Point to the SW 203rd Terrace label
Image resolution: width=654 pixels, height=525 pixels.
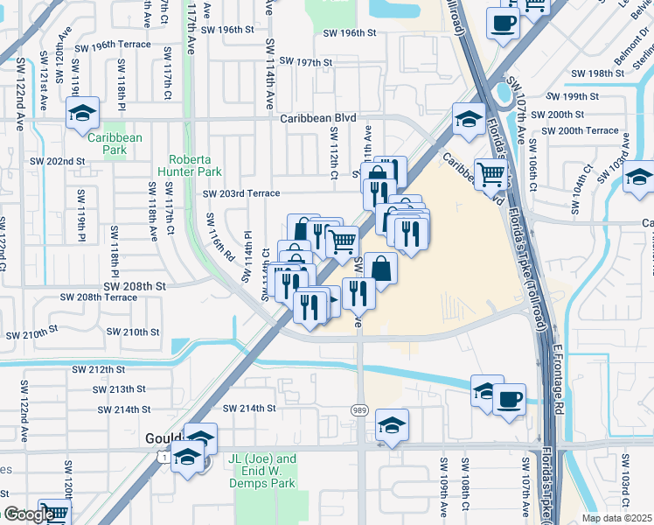(241, 194)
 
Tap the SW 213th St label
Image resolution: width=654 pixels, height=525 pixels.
(122, 389)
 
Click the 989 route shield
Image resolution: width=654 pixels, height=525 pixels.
(360, 409)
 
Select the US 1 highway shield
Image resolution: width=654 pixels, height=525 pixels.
(160, 457)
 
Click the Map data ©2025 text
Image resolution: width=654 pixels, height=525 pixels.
(617, 518)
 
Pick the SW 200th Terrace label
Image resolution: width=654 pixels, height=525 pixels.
(581, 131)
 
